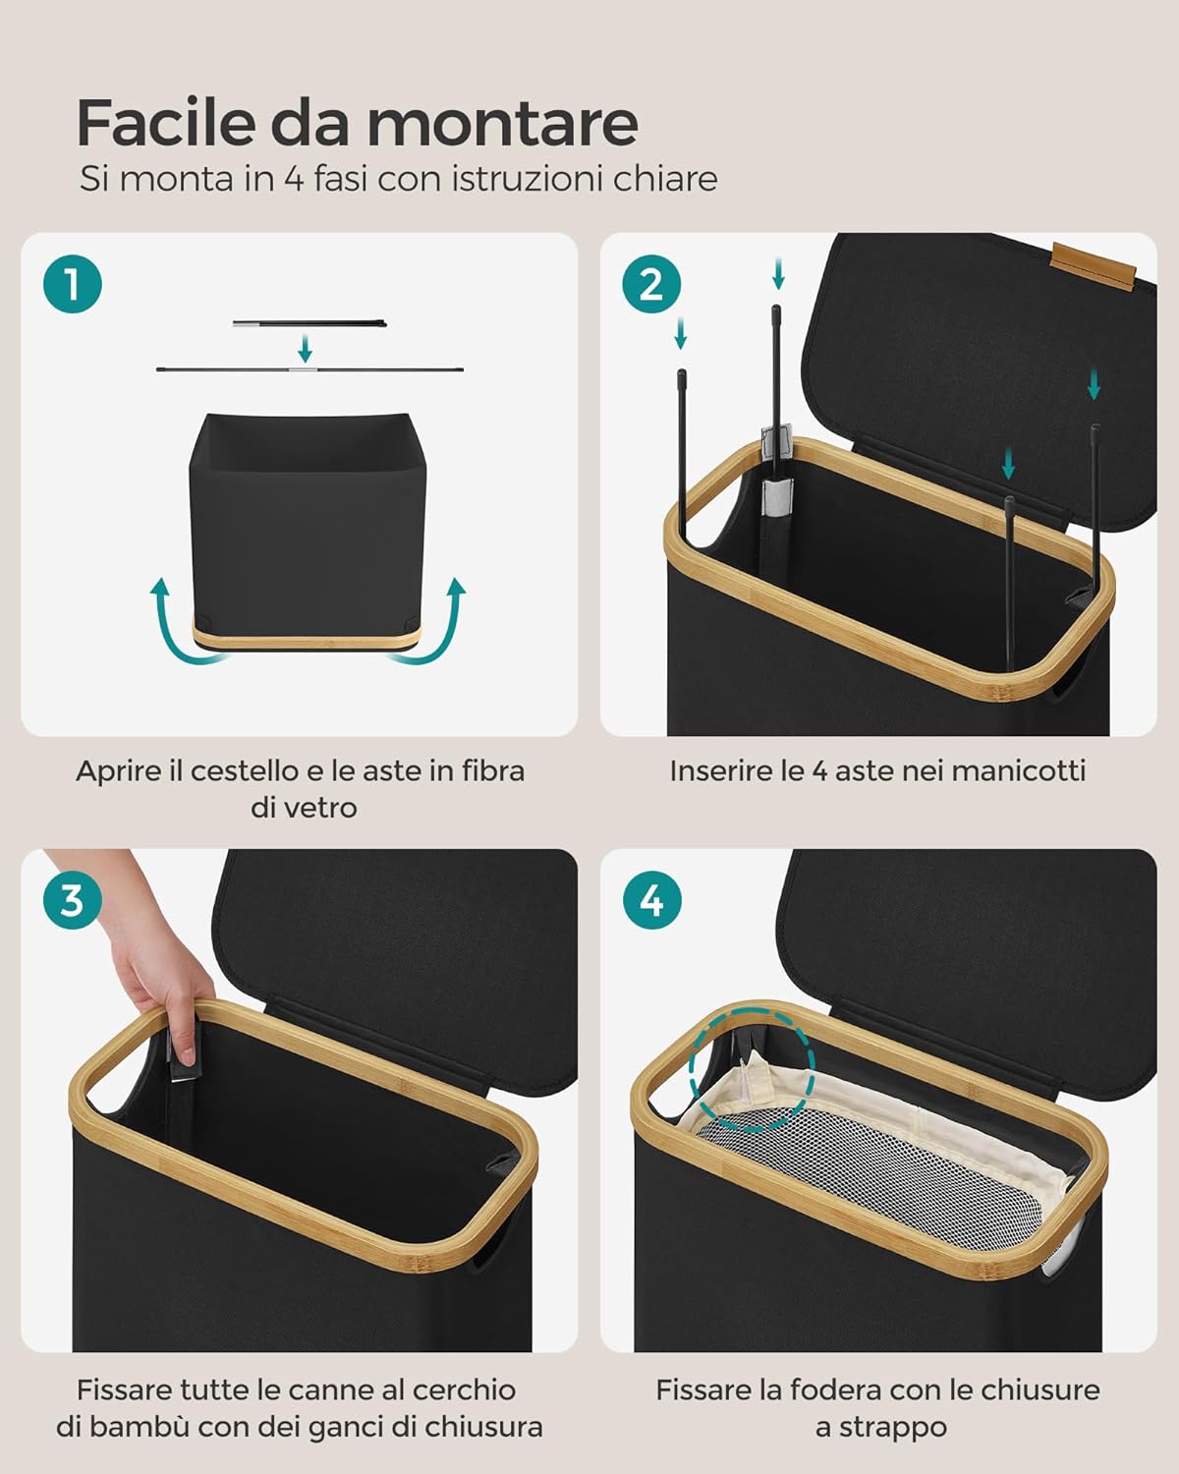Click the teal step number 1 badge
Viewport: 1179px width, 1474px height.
click(72, 284)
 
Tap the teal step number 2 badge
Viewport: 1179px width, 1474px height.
click(651, 284)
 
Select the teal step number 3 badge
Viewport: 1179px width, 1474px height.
click(72, 900)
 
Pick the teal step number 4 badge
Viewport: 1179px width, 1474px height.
click(651, 900)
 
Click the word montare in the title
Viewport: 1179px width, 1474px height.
click(503, 124)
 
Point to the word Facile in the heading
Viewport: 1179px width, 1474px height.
click(166, 122)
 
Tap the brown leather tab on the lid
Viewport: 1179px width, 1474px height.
click(1095, 265)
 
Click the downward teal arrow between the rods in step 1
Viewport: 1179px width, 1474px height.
click(305, 348)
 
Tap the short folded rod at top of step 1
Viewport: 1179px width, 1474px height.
click(309, 322)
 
